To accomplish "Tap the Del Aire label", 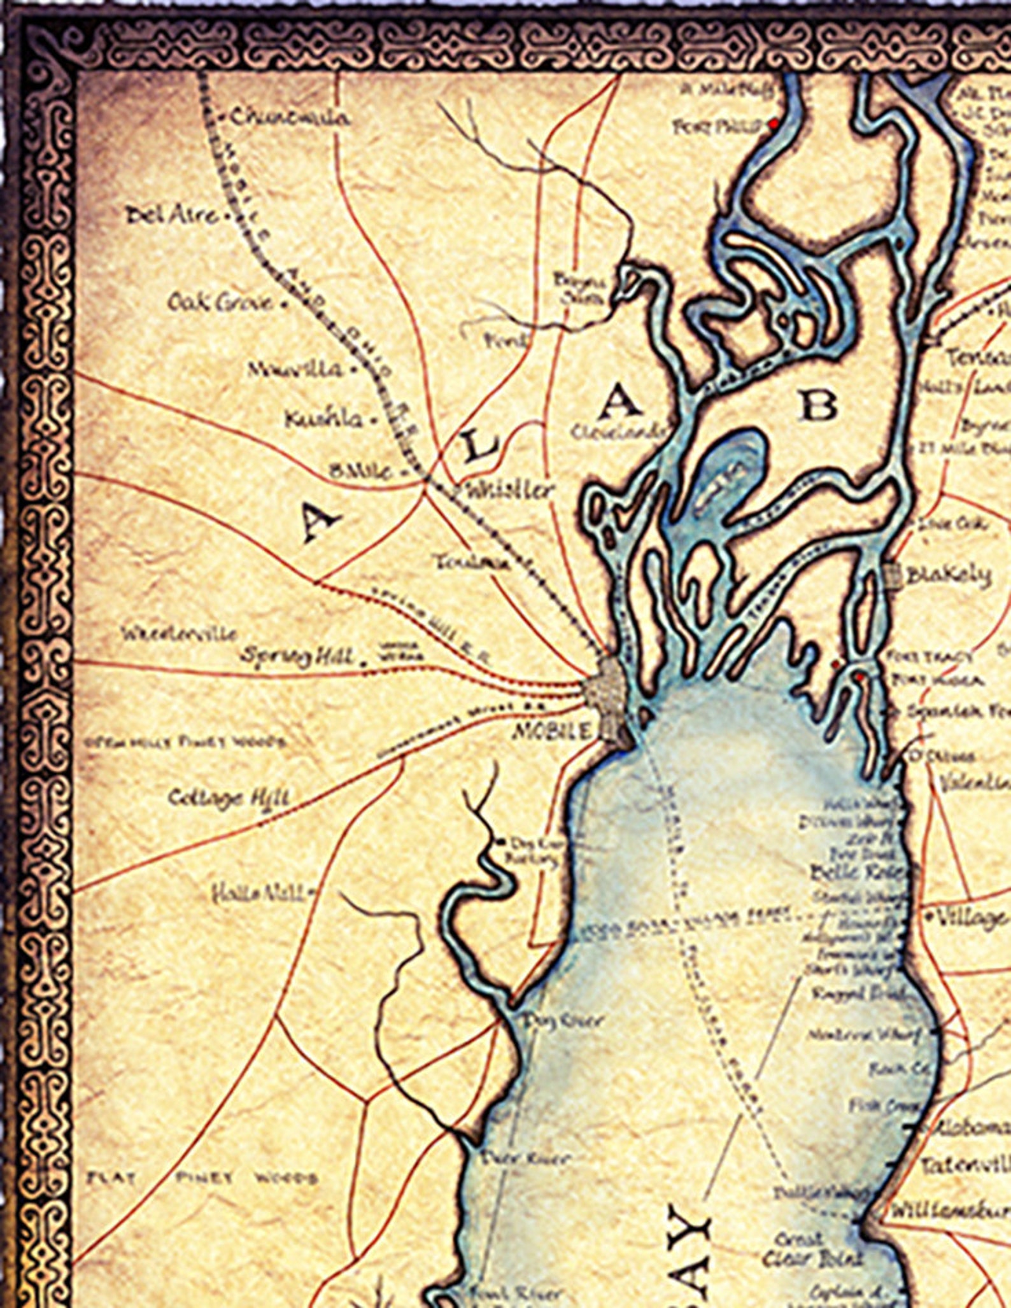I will coord(171,216).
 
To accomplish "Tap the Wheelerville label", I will coord(180,634).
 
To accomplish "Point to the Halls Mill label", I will coord(258,894).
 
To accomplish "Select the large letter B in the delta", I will coord(819,405).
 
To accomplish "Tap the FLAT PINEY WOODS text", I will coord(201,1178).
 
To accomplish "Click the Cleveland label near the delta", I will coord(617,432).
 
